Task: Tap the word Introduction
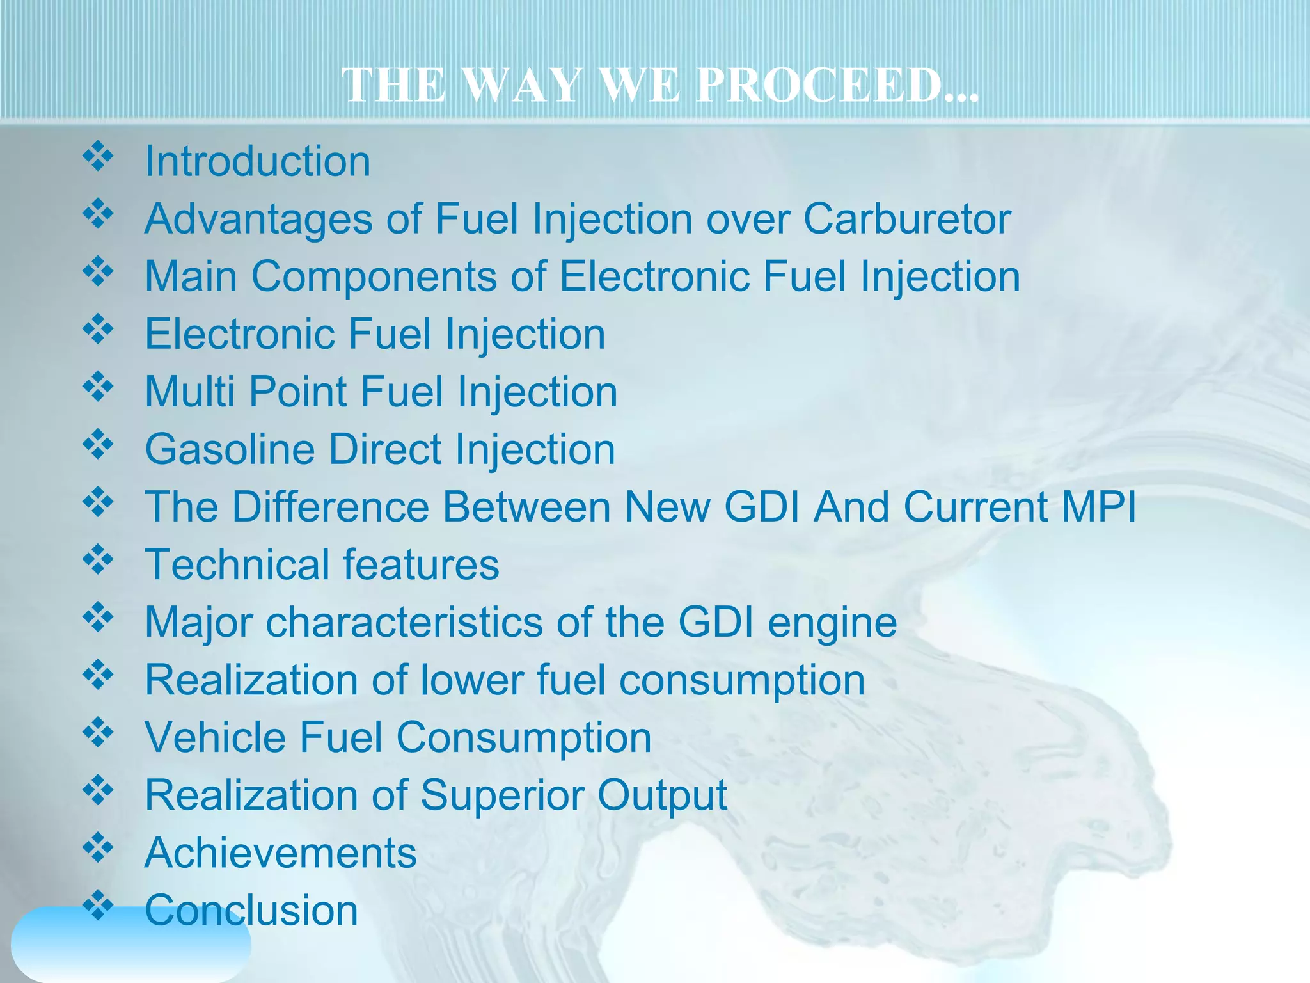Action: click(x=258, y=161)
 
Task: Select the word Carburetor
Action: click(x=907, y=220)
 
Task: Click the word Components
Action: click(x=374, y=277)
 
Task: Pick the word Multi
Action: click(x=189, y=392)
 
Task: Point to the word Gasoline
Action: click(x=230, y=450)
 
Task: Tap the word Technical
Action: click(x=236, y=565)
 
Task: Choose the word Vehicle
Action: click(x=215, y=738)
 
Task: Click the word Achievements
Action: click(x=281, y=853)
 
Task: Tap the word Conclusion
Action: click(x=251, y=911)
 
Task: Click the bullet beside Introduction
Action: click(x=98, y=157)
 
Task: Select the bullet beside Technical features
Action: click(x=98, y=560)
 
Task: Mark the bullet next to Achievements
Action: click(x=98, y=848)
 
